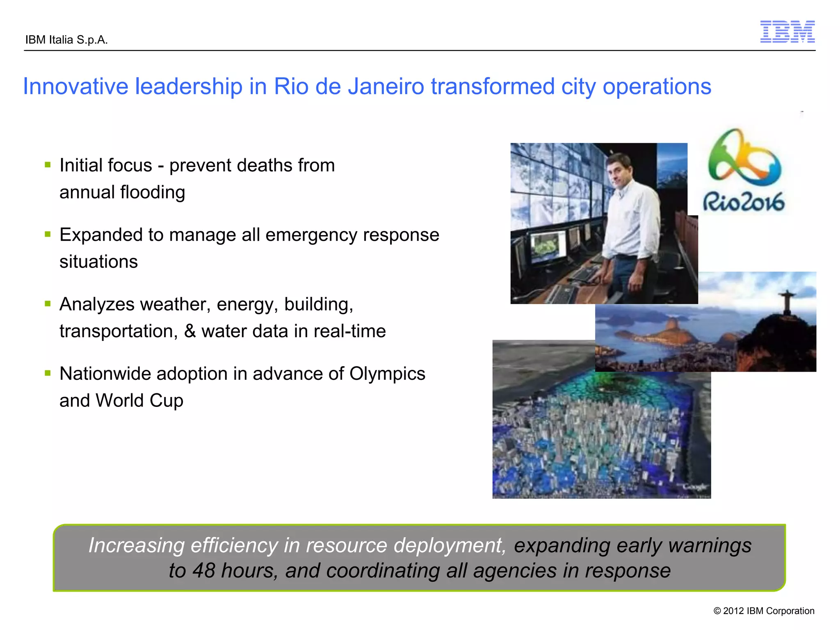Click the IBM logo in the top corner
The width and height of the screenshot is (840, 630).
tap(787, 32)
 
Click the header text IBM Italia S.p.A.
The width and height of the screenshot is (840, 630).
tap(66, 40)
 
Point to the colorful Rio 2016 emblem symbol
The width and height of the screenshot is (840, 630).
tap(744, 158)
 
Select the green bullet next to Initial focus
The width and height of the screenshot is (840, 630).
tap(48, 165)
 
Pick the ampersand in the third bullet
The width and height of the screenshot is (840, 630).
tap(189, 331)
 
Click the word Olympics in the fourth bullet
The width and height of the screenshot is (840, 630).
tap(387, 374)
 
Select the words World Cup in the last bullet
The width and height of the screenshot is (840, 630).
tap(139, 401)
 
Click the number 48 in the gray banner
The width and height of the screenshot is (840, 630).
tap(203, 571)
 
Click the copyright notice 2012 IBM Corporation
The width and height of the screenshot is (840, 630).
tap(764, 611)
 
